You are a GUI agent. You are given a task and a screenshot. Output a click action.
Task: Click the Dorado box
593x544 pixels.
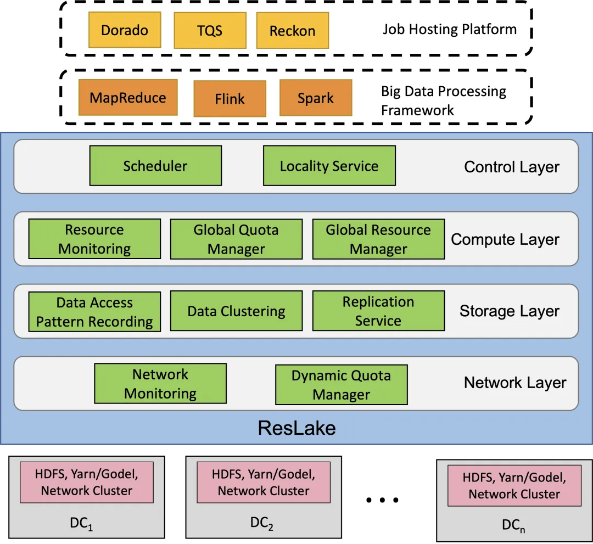pyautogui.click(x=125, y=30)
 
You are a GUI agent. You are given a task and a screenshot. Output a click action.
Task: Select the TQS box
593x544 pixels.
pyautogui.click(x=210, y=30)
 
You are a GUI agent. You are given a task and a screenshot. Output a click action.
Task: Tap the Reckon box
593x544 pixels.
pyautogui.click(x=292, y=31)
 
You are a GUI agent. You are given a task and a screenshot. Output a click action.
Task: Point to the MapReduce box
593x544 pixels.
pyautogui.click(x=128, y=98)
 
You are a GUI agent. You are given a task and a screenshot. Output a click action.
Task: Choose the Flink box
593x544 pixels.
pyautogui.click(x=230, y=99)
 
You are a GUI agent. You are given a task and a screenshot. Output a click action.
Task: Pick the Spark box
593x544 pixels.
pyautogui.click(x=316, y=98)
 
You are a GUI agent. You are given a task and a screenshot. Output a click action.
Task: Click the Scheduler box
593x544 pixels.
pyautogui.click(x=155, y=166)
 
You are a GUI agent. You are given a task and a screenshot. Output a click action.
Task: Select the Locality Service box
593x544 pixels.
pyautogui.click(x=329, y=166)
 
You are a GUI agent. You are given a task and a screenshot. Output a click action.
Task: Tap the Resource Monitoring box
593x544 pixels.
pyautogui.click(x=94, y=239)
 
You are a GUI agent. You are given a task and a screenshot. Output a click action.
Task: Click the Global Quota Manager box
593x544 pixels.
pyautogui.click(x=236, y=239)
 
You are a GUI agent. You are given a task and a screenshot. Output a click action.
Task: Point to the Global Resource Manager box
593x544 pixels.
pyautogui.click(x=378, y=239)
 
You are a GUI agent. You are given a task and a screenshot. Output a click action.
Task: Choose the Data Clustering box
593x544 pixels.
pyautogui.click(x=236, y=311)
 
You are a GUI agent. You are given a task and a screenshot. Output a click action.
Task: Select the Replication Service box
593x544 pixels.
pyautogui.click(x=378, y=311)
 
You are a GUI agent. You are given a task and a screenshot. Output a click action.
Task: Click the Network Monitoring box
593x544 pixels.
pyautogui.click(x=160, y=384)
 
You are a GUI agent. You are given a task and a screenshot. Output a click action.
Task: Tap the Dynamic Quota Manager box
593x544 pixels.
pyautogui.click(x=342, y=385)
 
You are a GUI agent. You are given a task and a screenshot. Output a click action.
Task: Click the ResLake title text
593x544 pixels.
pyautogui.click(x=297, y=428)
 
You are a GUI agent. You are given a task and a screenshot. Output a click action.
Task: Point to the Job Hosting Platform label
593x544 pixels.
pyautogui.click(x=450, y=29)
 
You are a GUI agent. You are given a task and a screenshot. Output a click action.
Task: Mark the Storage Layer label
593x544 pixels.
pyautogui.click(x=510, y=311)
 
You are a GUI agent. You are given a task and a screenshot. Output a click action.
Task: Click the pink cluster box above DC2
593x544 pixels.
pyautogui.click(x=264, y=483)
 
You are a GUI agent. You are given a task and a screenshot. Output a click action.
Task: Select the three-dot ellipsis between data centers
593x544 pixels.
pyautogui.click(x=382, y=500)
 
